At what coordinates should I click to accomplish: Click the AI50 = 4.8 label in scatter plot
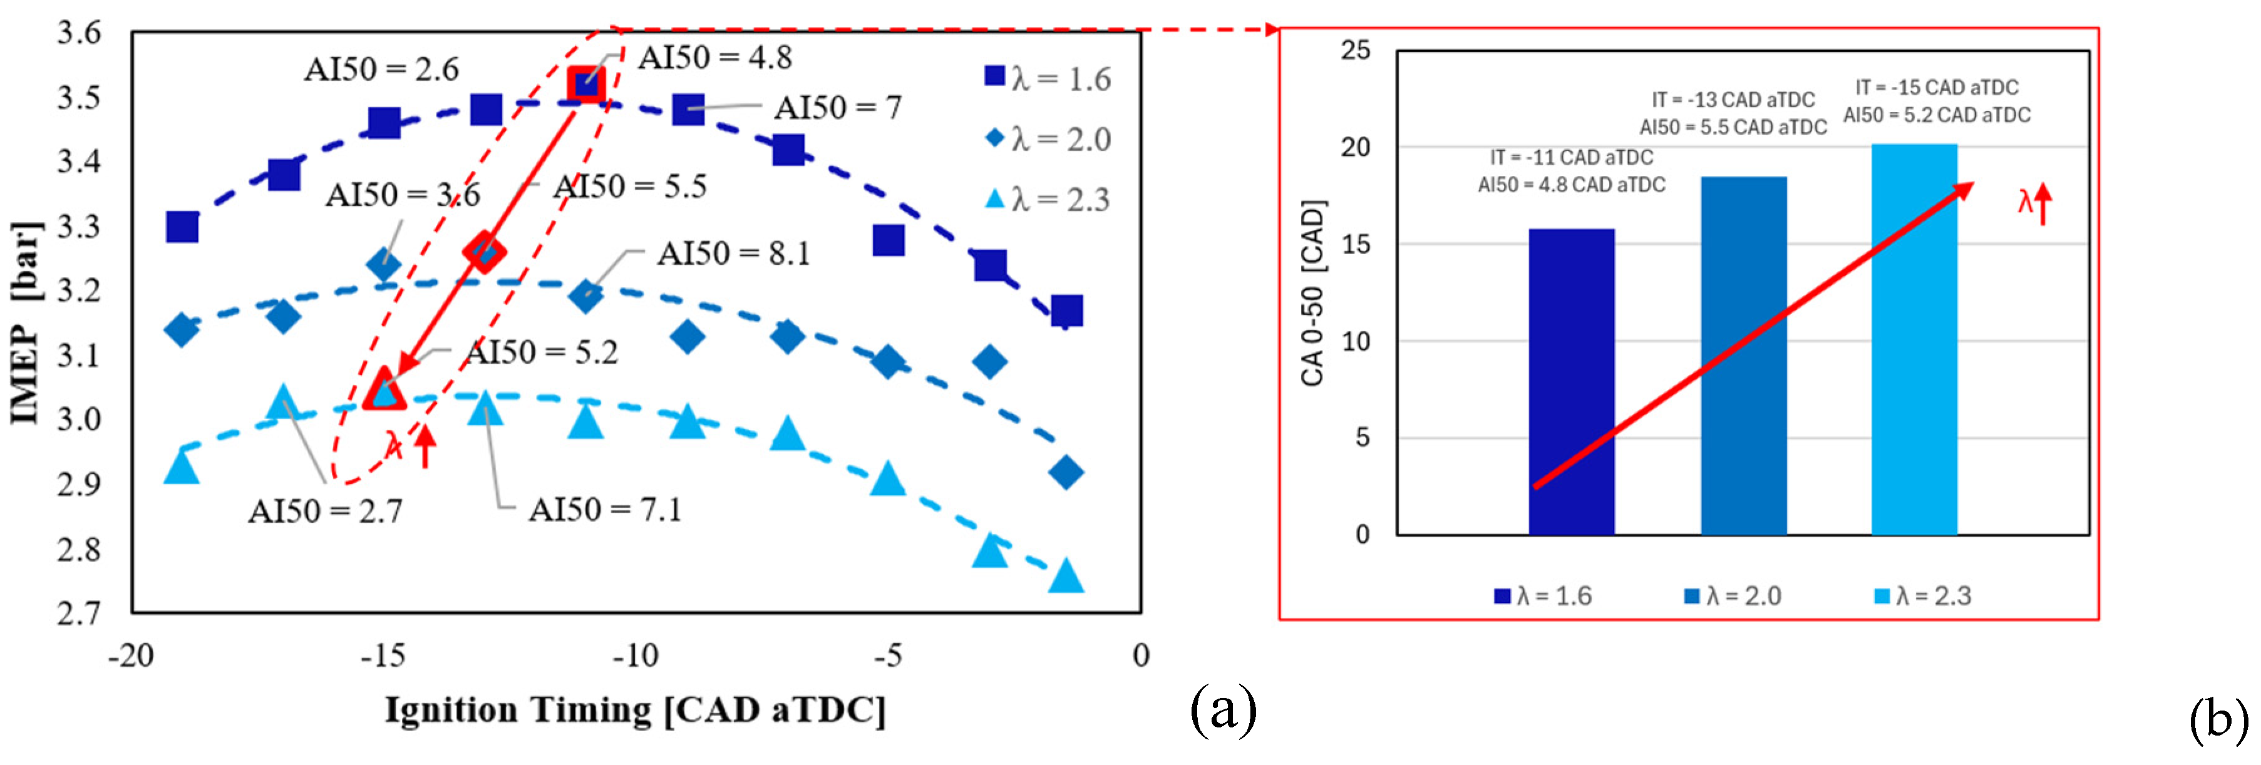714,58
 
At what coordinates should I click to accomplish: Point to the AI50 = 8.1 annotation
734,254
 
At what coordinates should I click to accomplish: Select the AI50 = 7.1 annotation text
605,510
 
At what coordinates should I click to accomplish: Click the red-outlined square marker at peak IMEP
585,85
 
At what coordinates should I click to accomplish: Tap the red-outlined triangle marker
384,391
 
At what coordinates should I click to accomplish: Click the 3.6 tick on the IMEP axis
79,33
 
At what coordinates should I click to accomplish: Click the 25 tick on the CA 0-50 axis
1355,51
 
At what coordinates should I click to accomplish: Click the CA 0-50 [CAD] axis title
1312,293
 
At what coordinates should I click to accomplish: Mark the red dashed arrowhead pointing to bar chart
1271,30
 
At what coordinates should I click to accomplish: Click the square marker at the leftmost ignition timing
182,227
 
